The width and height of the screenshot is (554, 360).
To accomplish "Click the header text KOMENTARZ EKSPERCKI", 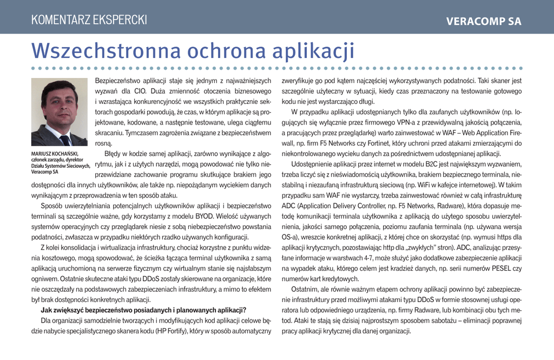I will point(89,21).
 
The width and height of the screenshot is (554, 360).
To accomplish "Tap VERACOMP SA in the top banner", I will point(484,22).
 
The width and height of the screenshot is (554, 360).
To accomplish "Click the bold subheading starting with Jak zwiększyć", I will point(144,310).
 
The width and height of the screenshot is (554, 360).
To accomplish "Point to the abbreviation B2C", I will point(427,164).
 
